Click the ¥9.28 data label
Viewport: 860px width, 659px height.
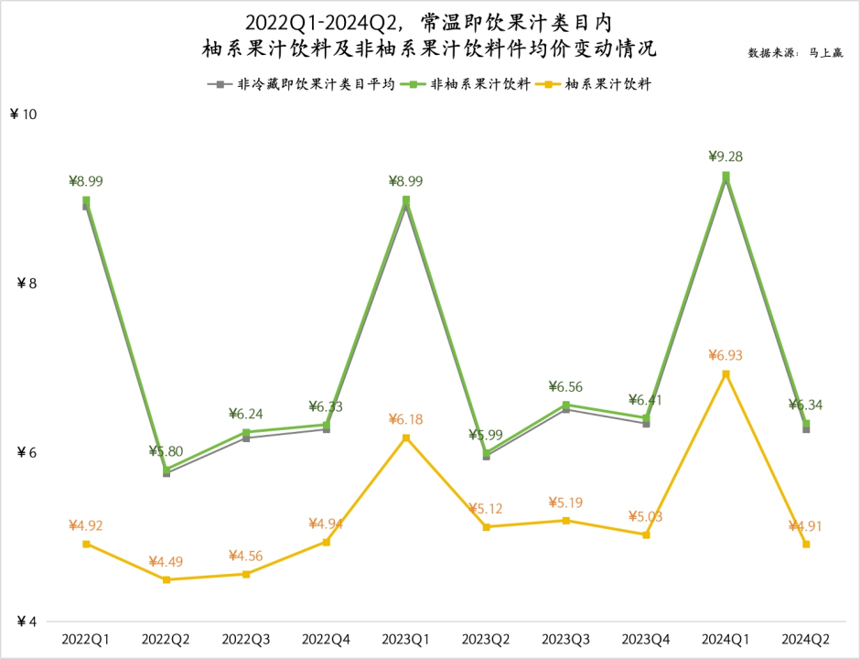[x=726, y=157]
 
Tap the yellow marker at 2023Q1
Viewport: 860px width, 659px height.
[x=406, y=438]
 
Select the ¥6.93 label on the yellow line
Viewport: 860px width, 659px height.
[x=726, y=355]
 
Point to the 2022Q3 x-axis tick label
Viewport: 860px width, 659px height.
[x=246, y=638]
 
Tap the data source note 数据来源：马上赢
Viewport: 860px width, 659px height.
[x=795, y=53]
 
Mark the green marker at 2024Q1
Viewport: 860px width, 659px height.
[x=726, y=176]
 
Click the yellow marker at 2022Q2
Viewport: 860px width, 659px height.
[x=167, y=579]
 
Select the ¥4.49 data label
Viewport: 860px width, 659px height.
[x=167, y=561]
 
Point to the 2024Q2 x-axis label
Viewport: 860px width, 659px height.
[x=806, y=638]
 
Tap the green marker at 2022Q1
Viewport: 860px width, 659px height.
[x=86, y=200]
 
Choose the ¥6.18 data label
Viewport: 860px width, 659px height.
[x=406, y=418]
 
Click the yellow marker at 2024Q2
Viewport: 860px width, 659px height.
[x=806, y=544]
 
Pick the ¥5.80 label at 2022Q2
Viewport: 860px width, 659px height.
[x=167, y=451]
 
